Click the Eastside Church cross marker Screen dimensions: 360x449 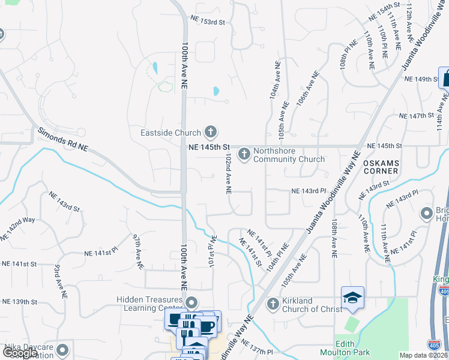click(210, 131)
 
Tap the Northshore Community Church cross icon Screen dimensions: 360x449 click(244, 155)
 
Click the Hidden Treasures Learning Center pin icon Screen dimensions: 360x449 click(191, 302)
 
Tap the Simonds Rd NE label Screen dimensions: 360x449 click(62, 139)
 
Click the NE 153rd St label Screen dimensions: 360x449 click(207, 22)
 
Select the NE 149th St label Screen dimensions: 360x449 click(422, 79)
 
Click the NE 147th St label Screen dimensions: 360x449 click(417, 115)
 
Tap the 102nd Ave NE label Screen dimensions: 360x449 click(228, 173)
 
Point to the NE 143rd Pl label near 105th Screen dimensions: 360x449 click(308, 191)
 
